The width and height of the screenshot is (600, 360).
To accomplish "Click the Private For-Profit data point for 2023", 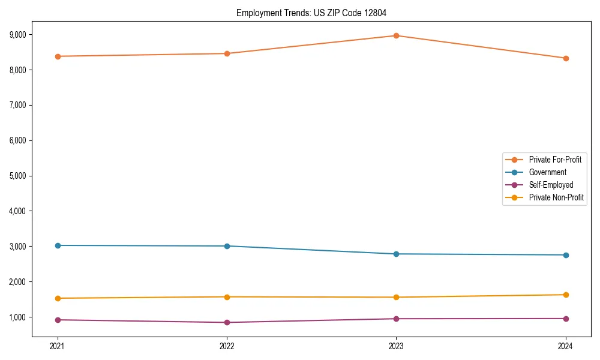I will click(396, 35).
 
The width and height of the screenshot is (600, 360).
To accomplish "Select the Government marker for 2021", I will click(58, 245).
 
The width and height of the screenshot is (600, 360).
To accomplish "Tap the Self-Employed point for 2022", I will click(227, 322).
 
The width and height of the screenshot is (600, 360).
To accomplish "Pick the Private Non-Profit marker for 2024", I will click(566, 295).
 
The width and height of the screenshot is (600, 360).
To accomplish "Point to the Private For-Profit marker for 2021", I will click(58, 56).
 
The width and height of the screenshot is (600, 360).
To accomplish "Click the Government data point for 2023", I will click(396, 254).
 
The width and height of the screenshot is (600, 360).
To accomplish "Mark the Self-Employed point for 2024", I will click(566, 319).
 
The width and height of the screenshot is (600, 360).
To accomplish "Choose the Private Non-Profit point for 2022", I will click(227, 297).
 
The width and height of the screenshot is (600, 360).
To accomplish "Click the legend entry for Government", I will click(547, 172).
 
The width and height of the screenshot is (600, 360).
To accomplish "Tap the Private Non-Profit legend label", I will click(556, 197).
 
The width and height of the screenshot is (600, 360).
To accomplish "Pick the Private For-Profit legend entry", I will click(555, 160).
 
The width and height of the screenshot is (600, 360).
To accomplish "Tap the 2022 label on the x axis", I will click(227, 346).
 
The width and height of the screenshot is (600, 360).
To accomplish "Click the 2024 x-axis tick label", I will click(566, 346).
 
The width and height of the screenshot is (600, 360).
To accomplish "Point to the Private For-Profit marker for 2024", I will click(566, 58).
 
